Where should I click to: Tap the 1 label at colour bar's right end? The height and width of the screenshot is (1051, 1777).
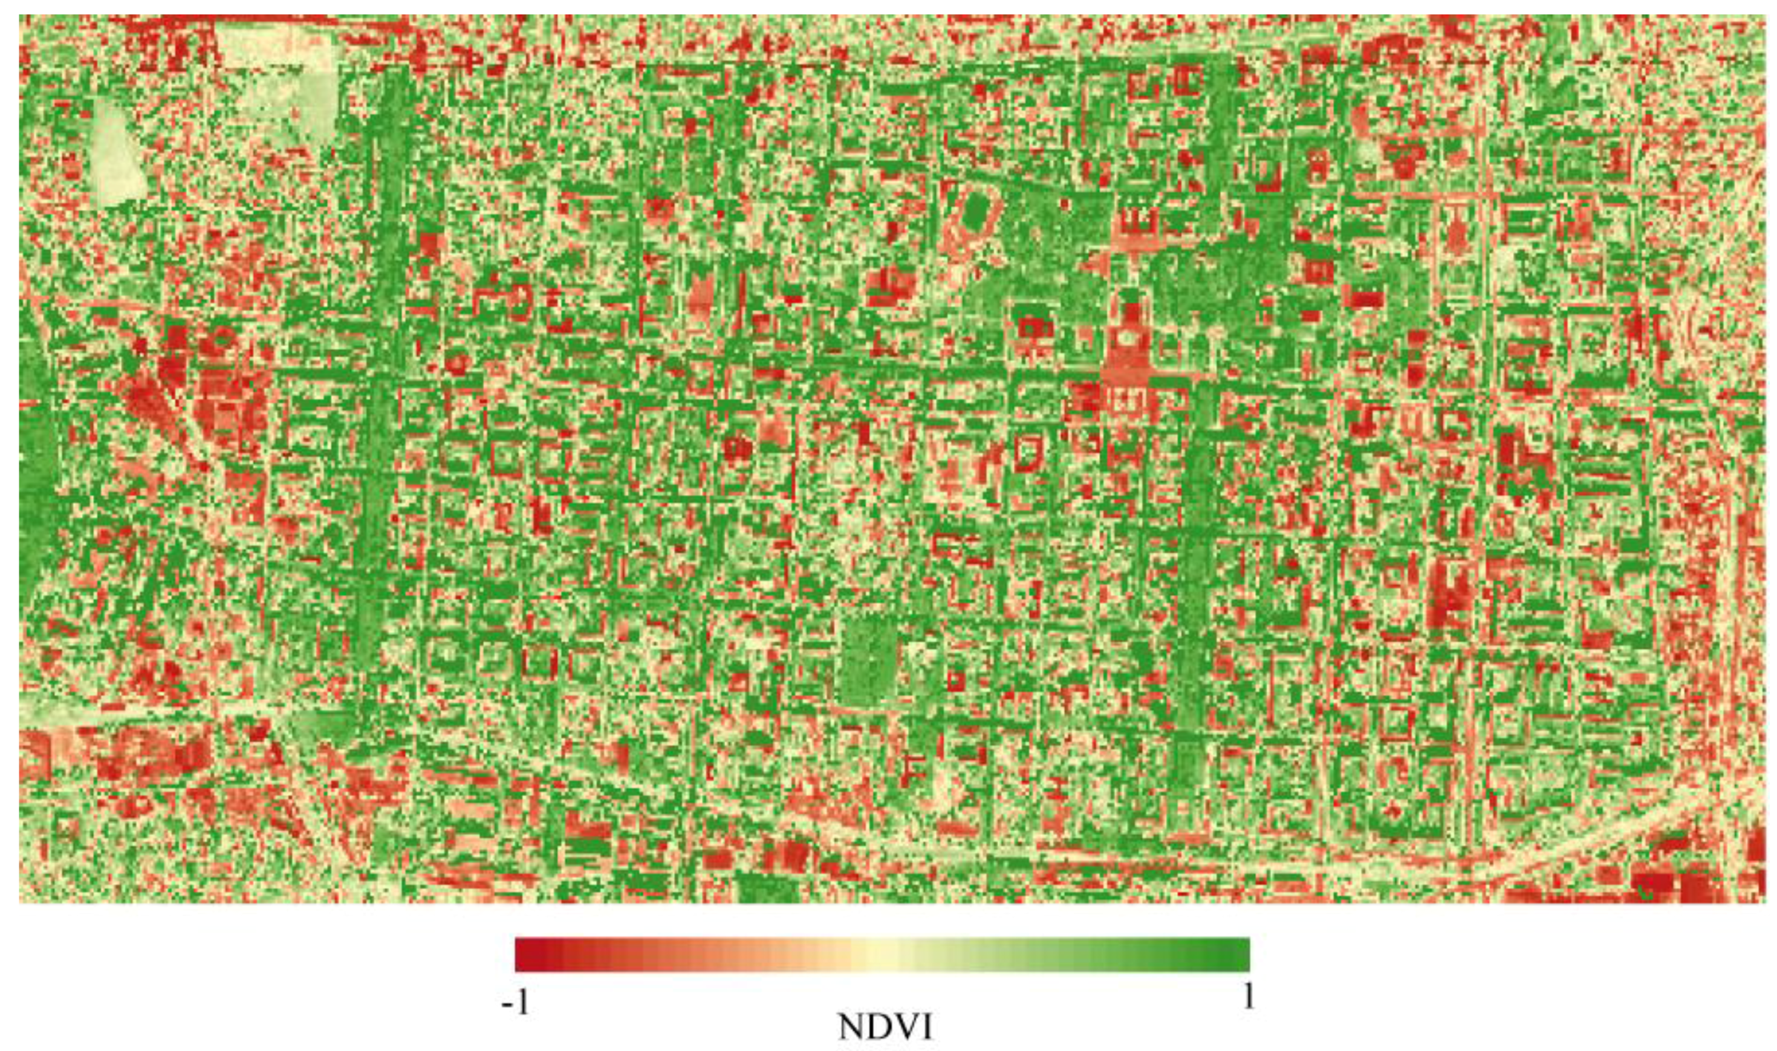pos(1248,997)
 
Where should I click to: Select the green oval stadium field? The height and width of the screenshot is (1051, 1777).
pos(979,209)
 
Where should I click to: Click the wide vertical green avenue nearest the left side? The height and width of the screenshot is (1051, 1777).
pos(379,425)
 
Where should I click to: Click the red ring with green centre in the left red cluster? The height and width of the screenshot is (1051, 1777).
pos(219,340)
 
